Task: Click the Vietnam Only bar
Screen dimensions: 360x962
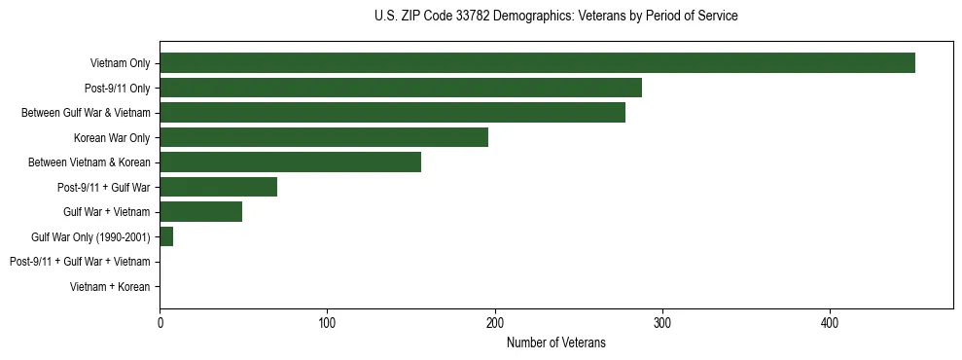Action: pos(537,63)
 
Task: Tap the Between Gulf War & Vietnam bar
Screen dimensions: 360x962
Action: pos(392,113)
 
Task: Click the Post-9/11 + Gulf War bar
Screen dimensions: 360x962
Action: pos(218,187)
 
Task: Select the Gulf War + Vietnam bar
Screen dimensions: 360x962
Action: pos(200,211)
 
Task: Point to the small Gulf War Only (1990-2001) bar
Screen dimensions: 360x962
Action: pos(166,236)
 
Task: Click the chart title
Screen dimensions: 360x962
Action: pos(555,17)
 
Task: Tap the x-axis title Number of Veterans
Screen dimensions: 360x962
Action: pos(555,342)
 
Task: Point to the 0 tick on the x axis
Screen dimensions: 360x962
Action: pos(160,322)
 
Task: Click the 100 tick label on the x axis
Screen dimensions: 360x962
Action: pos(327,322)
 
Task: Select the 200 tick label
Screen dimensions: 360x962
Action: pos(494,322)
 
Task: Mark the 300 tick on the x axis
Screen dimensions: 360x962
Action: pos(661,322)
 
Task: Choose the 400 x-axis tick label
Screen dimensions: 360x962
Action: pos(830,322)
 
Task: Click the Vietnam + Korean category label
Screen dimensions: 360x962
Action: pos(110,286)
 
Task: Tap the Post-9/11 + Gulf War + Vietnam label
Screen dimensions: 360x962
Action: pos(79,262)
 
